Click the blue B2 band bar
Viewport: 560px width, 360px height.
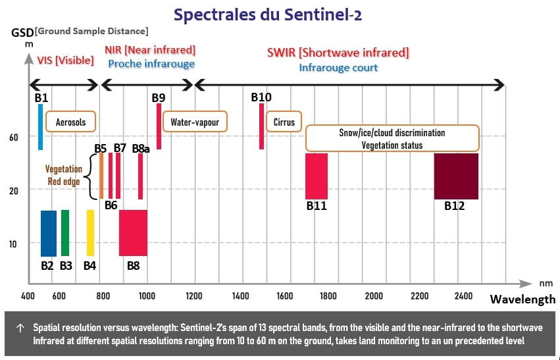(49, 233)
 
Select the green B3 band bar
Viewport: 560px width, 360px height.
(65, 233)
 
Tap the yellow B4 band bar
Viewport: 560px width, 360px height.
(91, 233)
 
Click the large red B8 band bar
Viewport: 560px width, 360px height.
(133, 233)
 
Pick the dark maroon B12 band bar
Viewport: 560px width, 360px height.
(455, 176)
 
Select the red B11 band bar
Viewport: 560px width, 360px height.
(316, 176)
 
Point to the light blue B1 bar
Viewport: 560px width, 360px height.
(40, 127)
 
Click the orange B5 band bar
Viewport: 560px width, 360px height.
(101, 176)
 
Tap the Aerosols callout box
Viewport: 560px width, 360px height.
(70, 122)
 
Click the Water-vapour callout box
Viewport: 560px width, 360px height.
(194, 122)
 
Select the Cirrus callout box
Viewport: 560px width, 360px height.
(284, 122)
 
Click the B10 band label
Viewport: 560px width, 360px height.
(261, 97)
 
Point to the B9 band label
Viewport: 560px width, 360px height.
(159, 98)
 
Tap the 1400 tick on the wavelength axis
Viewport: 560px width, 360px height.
(240, 296)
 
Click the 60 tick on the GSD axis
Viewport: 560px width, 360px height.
(13, 137)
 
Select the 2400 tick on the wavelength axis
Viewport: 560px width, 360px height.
(463, 296)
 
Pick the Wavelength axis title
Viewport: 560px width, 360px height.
(522, 299)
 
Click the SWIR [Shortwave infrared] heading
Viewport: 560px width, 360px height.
(338, 52)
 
